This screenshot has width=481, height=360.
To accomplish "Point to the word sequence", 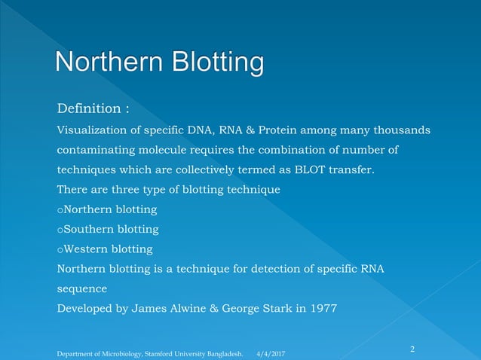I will (82, 288).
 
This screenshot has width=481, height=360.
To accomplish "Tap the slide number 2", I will (412, 349).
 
